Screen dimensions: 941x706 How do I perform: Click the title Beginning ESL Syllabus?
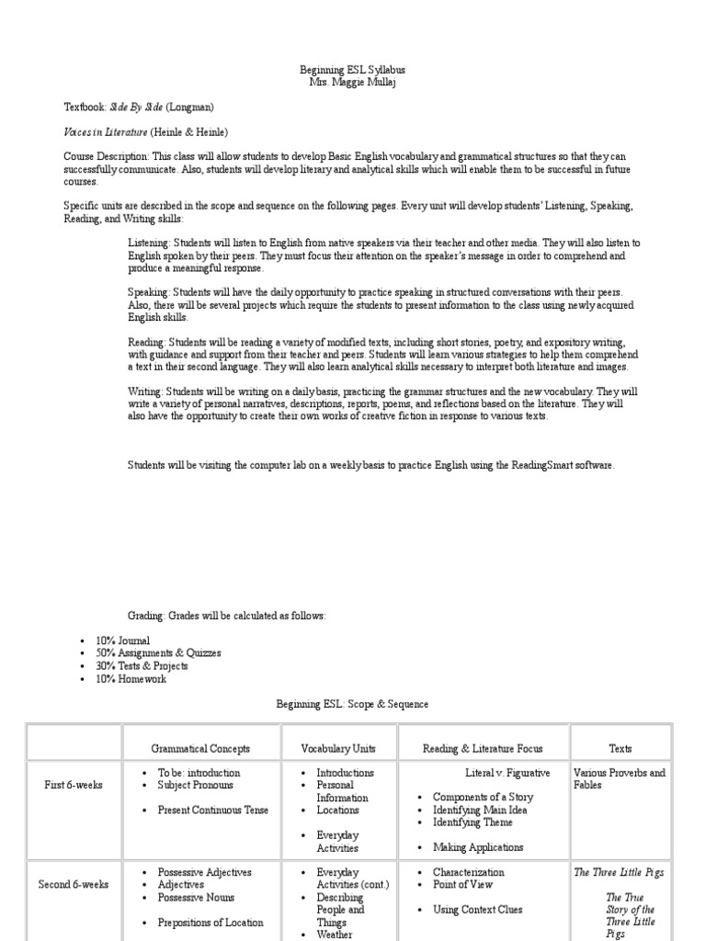[x=353, y=70]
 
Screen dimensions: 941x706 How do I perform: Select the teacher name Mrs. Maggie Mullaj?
[x=353, y=83]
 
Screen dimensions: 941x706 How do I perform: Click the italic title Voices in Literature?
[x=104, y=132]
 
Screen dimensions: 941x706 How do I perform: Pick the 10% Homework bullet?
[x=131, y=679]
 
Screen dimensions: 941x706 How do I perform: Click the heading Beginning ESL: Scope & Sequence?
[x=353, y=705]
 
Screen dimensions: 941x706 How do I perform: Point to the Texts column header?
[x=621, y=749]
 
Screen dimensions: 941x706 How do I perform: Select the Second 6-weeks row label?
[x=74, y=885]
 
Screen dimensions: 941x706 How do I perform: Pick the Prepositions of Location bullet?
[x=211, y=923]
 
